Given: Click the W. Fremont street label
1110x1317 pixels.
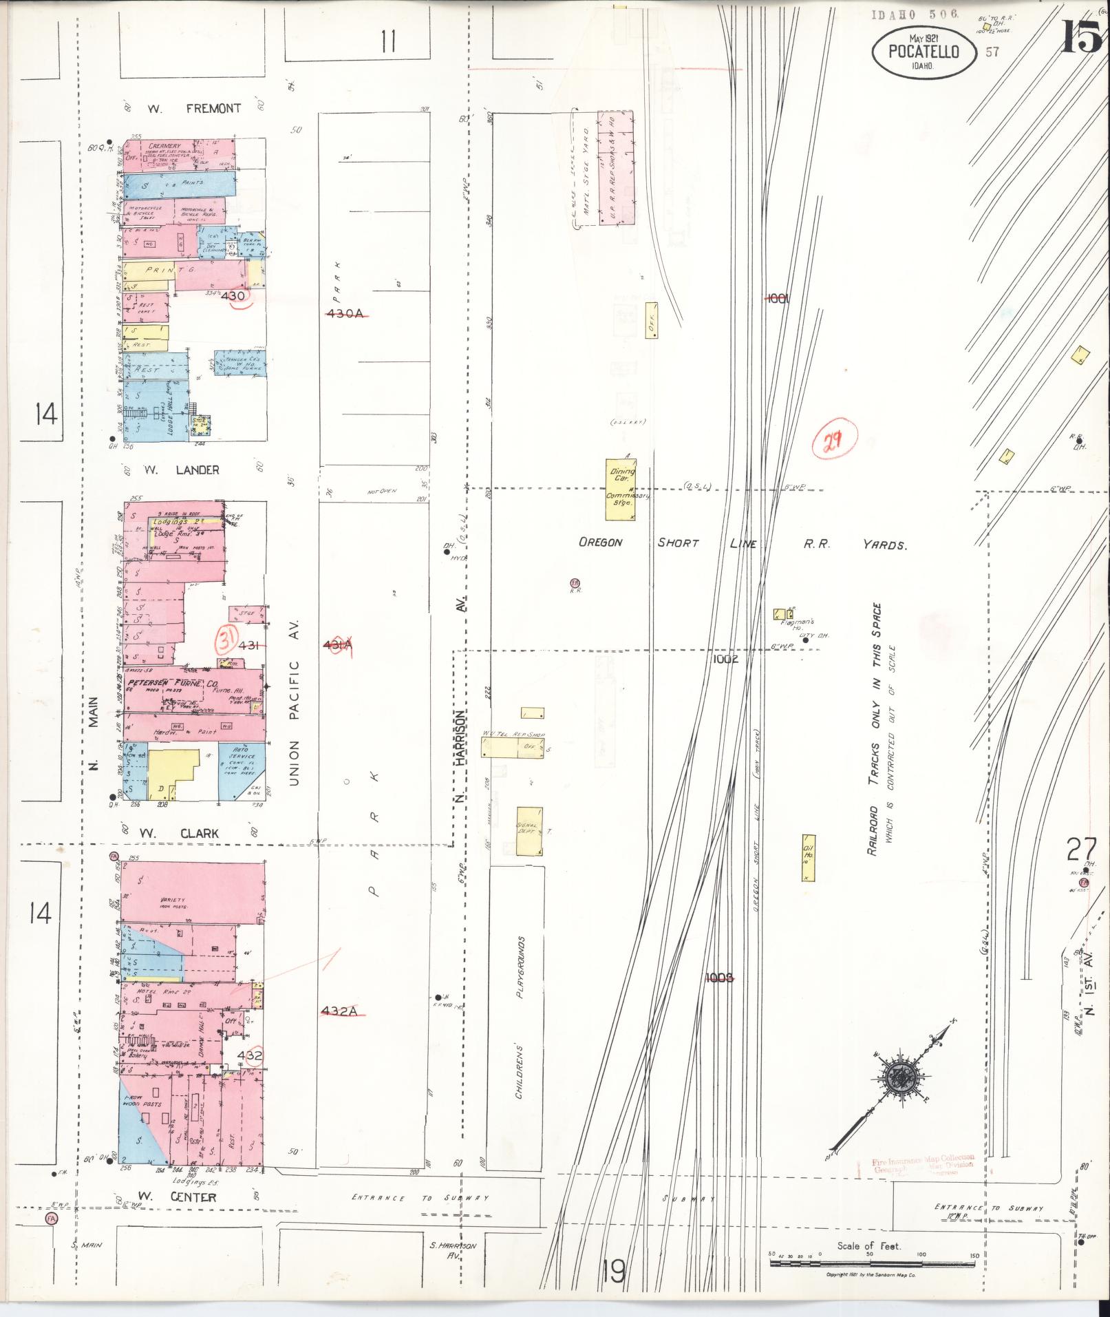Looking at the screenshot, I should [193, 108].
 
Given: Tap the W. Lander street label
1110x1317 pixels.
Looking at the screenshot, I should [181, 470].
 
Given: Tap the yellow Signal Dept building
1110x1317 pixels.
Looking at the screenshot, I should [529, 830].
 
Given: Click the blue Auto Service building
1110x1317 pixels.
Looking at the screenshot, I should [242, 771].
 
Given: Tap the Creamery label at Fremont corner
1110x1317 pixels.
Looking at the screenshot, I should [164, 146].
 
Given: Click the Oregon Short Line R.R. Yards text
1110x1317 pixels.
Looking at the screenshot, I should [741, 543].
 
